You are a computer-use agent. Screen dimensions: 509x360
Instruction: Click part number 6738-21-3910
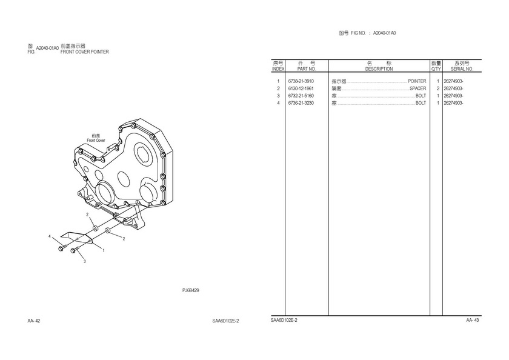(301, 81)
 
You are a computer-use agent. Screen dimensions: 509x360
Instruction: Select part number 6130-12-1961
(301, 88)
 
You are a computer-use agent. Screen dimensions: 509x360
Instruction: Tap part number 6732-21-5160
(301, 96)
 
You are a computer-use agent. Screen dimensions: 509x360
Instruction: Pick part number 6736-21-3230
(301, 103)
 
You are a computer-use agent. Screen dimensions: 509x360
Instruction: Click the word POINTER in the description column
(417, 81)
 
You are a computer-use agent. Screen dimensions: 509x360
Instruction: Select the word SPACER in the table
(418, 88)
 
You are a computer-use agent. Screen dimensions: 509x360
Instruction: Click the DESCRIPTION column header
(379, 69)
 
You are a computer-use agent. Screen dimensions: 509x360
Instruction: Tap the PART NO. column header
(307, 69)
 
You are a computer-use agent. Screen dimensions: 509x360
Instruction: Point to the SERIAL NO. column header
(462, 69)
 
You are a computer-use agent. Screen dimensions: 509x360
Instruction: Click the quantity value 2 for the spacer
(438, 88)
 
